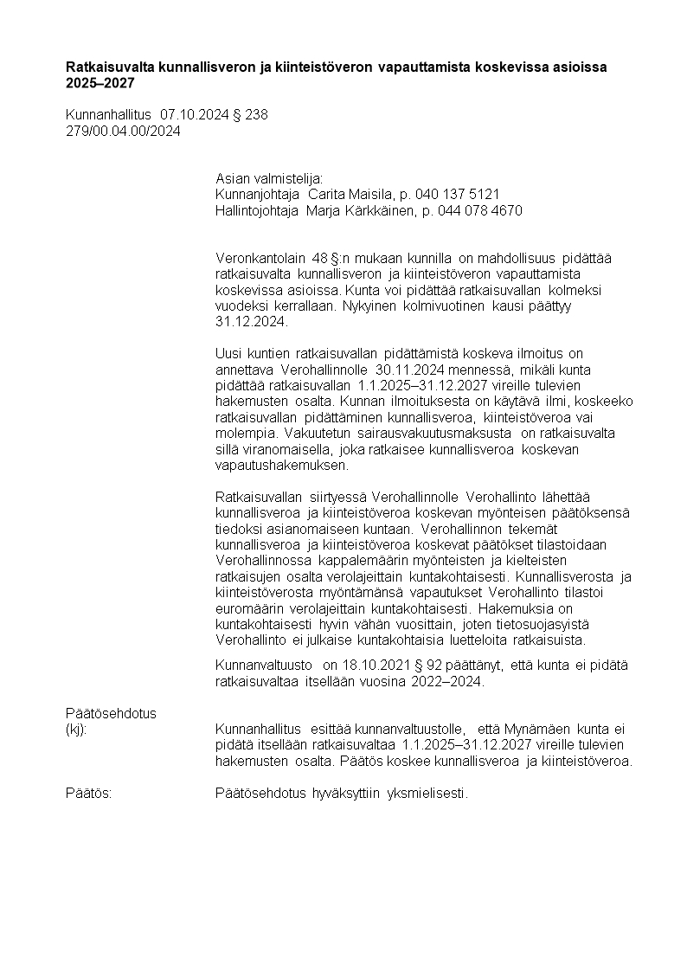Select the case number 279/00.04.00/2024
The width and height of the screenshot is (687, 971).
(x=123, y=132)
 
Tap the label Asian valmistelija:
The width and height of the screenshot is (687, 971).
(x=268, y=177)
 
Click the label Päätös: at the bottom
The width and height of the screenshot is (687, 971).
(x=89, y=794)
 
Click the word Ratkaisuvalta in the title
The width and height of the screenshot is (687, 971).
(x=106, y=68)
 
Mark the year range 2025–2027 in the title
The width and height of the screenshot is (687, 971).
(x=100, y=84)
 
